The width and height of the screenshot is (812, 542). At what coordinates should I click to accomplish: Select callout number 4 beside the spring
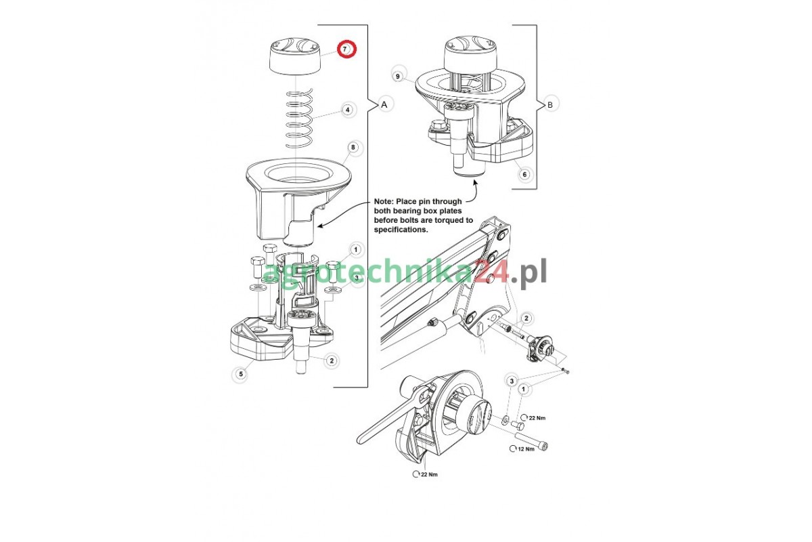tap(348, 110)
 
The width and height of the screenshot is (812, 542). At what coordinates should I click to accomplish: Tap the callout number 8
tap(353, 147)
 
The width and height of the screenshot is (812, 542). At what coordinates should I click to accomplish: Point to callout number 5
tap(241, 374)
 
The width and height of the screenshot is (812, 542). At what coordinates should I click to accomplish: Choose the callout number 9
tap(398, 77)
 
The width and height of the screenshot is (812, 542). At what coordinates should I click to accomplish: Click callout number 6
tap(524, 174)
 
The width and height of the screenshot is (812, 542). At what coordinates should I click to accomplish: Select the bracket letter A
tap(384, 104)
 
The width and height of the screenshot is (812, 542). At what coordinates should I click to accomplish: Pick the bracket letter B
tap(550, 105)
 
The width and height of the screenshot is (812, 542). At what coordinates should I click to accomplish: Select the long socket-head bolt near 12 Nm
tap(531, 440)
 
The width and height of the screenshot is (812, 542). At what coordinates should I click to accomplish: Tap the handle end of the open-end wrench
tap(363, 438)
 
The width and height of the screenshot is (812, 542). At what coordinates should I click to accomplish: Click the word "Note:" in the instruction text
tap(384, 201)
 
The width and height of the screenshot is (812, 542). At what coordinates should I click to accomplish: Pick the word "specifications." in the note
tap(401, 230)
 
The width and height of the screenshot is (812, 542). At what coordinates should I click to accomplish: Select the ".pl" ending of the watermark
tap(529, 272)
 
